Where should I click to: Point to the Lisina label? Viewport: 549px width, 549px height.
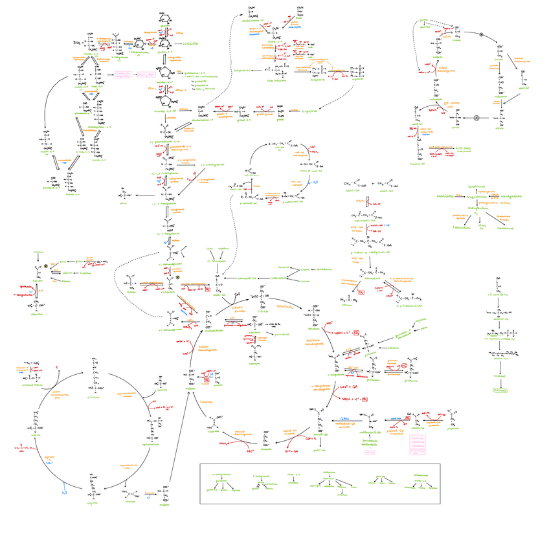coord(209,248)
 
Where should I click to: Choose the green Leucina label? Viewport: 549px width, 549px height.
coord(300,281)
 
